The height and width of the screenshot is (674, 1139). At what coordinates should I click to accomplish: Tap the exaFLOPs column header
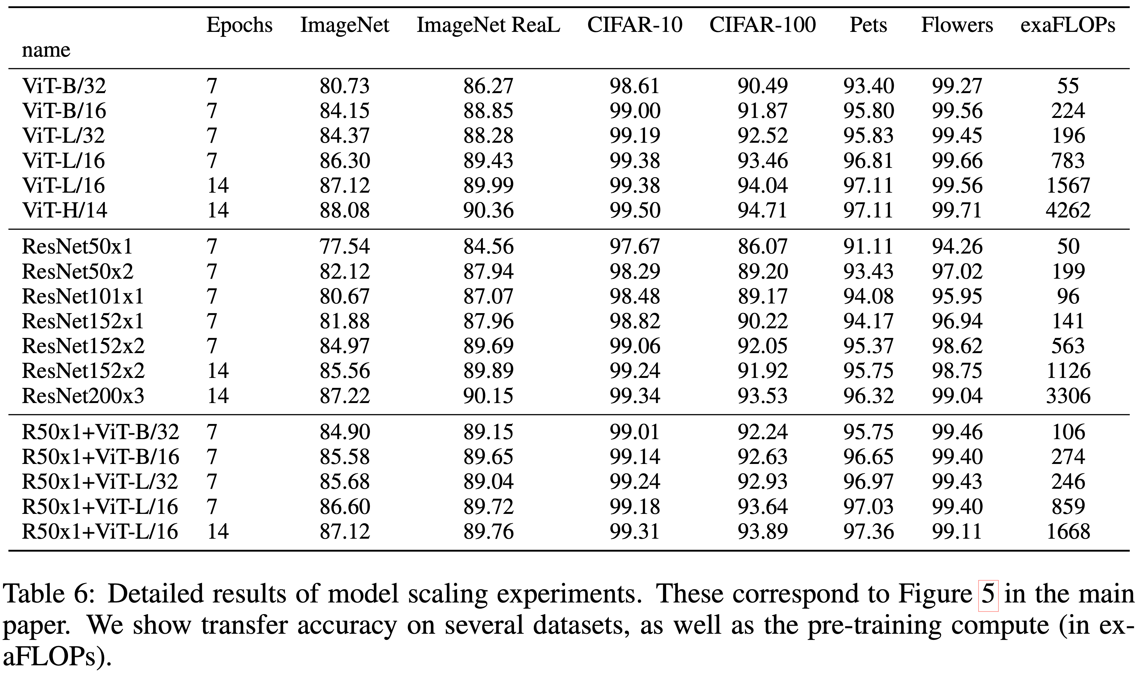(x=1068, y=25)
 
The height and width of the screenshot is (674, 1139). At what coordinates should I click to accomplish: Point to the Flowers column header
(x=957, y=25)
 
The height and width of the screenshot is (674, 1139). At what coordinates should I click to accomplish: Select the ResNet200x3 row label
(x=83, y=396)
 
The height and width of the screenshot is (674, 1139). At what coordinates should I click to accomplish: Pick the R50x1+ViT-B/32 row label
(x=101, y=432)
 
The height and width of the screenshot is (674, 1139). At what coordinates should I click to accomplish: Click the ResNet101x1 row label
(x=83, y=296)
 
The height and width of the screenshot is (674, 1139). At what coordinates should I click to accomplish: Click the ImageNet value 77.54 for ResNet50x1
(x=345, y=246)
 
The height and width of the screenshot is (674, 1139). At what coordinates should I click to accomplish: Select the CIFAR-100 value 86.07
(x=762, y=246)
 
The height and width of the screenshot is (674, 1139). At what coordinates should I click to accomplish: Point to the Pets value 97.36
(x=868, y=531)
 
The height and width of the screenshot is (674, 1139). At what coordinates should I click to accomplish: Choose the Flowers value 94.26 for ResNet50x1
(x=957, y=246)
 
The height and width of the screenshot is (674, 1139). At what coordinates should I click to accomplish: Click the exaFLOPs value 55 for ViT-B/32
(x=1068, y=86)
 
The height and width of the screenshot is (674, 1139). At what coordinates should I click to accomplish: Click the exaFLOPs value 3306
(x=1068, y=396)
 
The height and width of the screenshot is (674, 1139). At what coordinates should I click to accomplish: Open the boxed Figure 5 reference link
(x=988, y=594)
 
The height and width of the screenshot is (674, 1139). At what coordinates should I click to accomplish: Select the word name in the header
(x=46, y=50)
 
